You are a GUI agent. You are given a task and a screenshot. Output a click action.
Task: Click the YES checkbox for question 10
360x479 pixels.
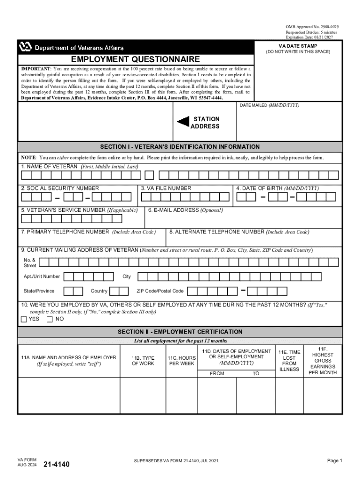click(x=24, y=319)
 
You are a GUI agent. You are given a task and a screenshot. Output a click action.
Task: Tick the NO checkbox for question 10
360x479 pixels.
click(x=50, y=319)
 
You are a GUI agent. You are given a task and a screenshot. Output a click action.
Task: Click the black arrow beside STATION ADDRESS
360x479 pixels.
click(x=183, y=122)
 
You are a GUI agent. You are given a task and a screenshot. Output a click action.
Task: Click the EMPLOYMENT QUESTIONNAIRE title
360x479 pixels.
click(x=135, y=59)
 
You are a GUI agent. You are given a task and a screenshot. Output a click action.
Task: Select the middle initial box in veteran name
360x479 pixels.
click(x=149, y=175)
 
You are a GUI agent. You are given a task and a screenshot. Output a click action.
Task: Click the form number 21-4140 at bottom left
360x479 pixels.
click(x=56, y=464)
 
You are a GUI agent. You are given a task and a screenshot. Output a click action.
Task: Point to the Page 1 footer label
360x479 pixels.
click(x=335, y=461)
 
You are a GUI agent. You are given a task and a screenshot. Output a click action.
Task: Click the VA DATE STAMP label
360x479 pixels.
click(x=298, y=46)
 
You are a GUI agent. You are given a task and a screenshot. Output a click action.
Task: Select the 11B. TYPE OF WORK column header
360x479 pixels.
click(x=143, y=361)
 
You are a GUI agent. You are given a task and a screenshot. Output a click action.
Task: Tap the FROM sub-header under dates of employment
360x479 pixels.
click(x=217, y=373)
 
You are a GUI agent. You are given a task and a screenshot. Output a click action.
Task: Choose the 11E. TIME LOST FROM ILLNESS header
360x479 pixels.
click(x=289, y=361)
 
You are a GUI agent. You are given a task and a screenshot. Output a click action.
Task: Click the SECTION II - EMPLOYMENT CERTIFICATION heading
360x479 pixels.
click(x=180, y=332)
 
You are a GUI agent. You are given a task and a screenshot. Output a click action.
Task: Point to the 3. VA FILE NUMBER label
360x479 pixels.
click(x=166, y=188)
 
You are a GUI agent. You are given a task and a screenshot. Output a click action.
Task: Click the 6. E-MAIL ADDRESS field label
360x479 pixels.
click(x=185, y=210)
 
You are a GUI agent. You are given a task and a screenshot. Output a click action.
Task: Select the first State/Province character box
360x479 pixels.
click(x=68, y=291)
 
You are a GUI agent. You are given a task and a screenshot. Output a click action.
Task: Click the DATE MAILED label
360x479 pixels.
click(x=269, y=105)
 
